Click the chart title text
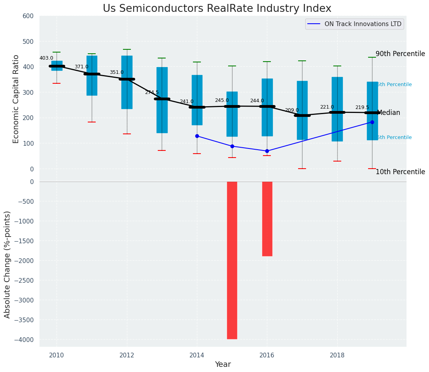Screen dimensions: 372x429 pos(217,9)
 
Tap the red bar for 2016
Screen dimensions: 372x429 pos(267,219)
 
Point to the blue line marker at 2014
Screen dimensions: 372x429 pos(197,136)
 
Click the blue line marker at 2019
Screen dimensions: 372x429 pos(372,122)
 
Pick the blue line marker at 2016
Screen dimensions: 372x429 pos(267,151)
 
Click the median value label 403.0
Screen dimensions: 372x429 pos(46,58)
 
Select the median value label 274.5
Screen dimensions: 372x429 pos(152,92)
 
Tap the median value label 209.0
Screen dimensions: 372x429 pos(292,110)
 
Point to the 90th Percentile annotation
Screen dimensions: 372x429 pos(400,54)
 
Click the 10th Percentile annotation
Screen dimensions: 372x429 pos(400,172)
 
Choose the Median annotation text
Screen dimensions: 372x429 pos(389,113)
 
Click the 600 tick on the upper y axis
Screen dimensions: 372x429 pos(31,16)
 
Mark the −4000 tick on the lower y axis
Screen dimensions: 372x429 pos(25,340)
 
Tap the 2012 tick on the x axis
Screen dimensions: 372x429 pos(127,355)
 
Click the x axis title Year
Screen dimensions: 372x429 pos(223,364)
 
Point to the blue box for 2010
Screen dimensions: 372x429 pos(57,66)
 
